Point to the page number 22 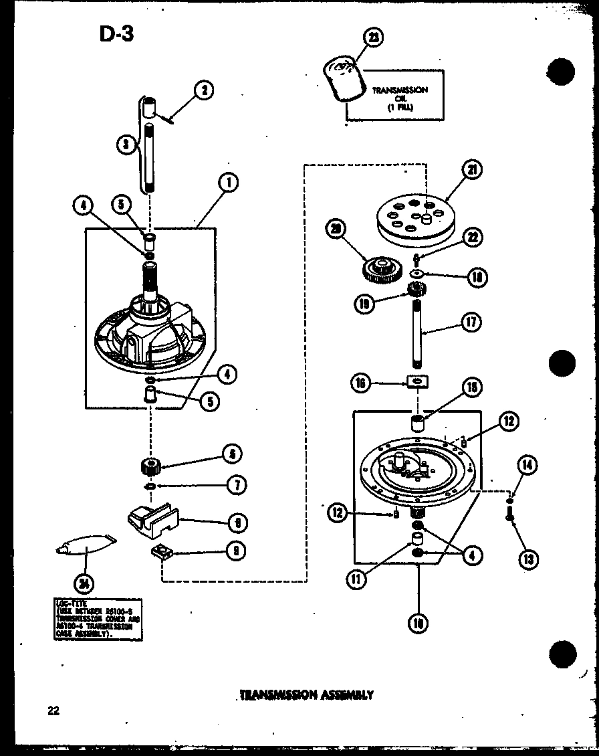point(53,711)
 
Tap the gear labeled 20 point(381,269)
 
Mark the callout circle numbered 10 point(418,623)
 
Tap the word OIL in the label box point(400,98)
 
